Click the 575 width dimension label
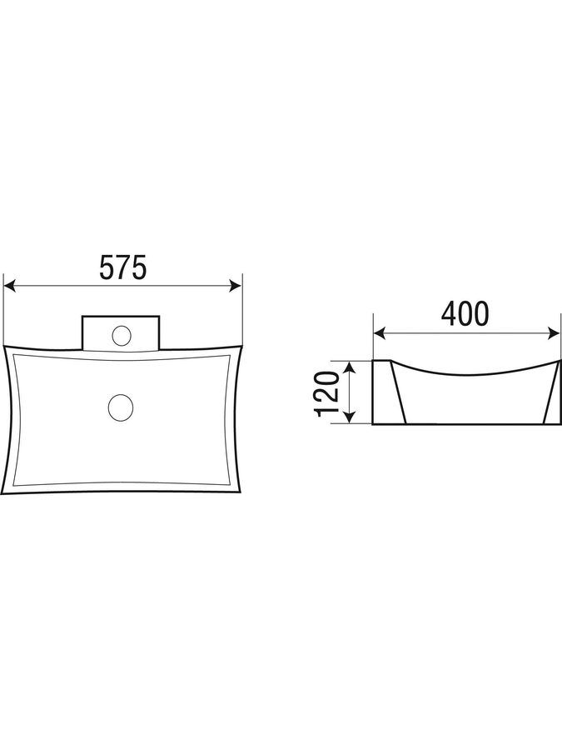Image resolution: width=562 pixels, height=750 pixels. pos(122,267)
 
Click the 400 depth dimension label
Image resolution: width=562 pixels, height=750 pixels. pos(465,314)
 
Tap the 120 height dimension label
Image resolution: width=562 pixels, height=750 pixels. pos(328,393)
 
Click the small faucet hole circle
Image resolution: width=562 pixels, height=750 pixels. pos(122,335)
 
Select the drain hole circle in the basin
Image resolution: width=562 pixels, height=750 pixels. pos(121,408)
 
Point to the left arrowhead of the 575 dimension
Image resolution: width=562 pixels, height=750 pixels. pos(9,286)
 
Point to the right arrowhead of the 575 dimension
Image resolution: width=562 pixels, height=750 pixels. pos(236,286)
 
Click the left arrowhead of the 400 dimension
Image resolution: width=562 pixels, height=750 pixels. pos(379,332)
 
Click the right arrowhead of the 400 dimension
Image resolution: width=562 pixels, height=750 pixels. pos(555,332)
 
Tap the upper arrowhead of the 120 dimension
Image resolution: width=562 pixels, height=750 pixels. pos(351,367)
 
